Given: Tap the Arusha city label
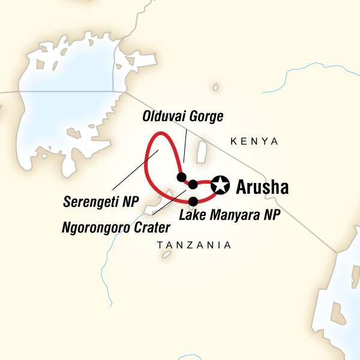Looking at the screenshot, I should (262, 187).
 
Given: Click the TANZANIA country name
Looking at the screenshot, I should (194, 245).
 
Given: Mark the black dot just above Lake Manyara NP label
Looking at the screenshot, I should (193, 201).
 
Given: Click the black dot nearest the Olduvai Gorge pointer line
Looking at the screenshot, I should (181, 176).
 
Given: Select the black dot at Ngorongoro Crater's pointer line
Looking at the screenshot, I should (193, 184).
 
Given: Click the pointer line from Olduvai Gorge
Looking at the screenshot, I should (184, 147).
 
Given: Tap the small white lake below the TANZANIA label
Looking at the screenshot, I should (166, 255).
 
